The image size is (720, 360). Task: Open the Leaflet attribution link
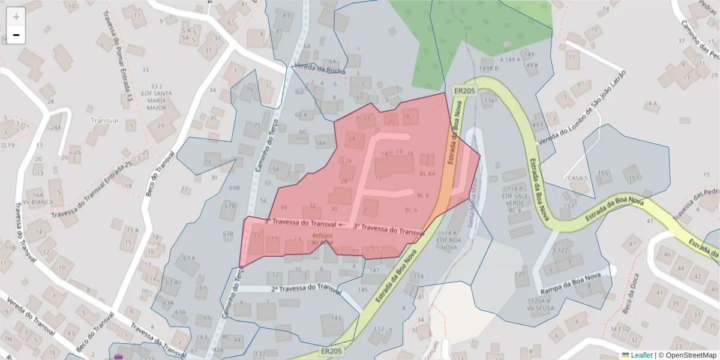[641, 355]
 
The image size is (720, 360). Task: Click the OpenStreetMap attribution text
[687, 355]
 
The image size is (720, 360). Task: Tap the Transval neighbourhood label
[104, 120]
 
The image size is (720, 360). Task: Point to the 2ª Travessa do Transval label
[307, 289]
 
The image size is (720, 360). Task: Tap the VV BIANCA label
[34, 202]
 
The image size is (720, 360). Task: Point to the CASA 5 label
[577, 178]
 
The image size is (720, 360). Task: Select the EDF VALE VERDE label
[514, 199]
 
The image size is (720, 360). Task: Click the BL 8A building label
[427, 173]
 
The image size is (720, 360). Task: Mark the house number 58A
[321, 143]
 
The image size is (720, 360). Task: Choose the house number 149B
[489, 68]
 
